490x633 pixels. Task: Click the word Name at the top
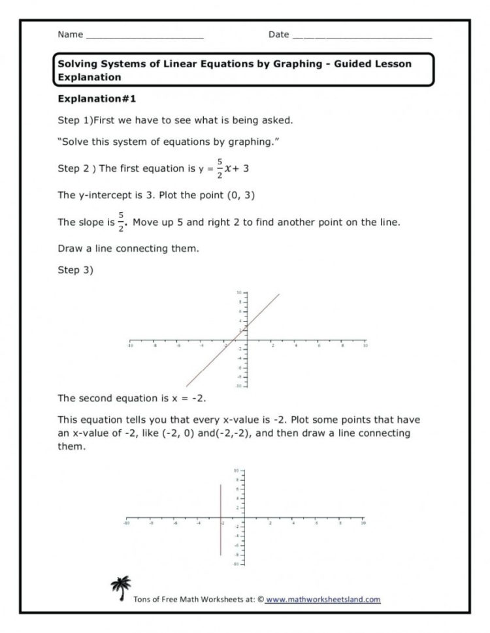click(71, 34)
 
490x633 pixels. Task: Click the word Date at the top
click(278, 34)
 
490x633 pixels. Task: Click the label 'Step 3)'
click(76, 270)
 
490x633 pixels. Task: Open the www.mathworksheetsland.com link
click(323, 598)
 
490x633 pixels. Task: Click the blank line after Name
click(144, 35)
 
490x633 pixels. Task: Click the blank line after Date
click(362, 35)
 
